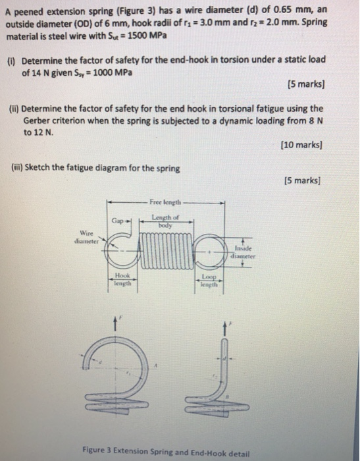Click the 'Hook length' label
point(123,280)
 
